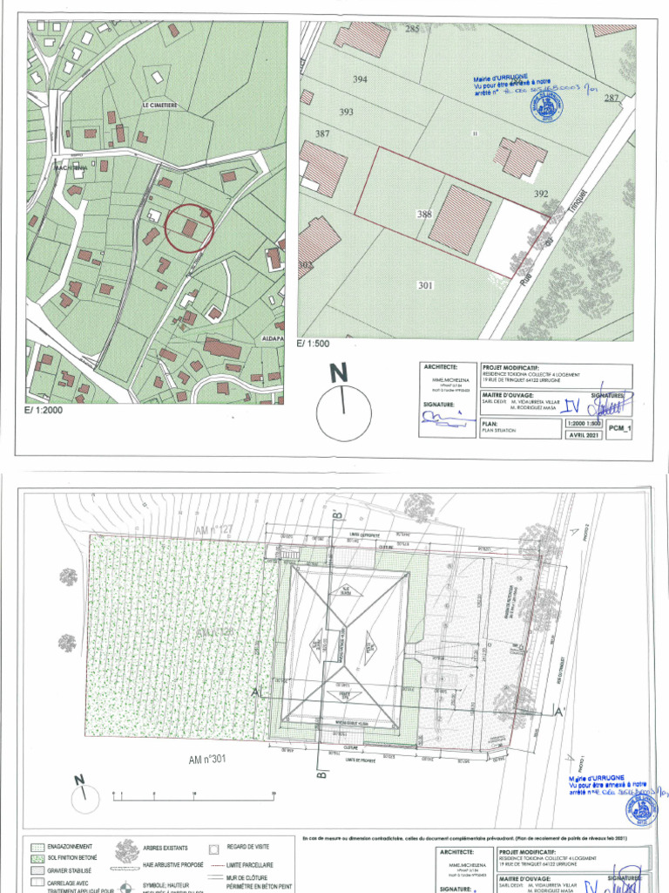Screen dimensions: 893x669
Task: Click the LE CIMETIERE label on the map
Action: [x=159, y=106]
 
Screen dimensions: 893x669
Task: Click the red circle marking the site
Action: [x=189, y=228]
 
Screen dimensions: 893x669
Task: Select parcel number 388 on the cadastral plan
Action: [x=424, y=214]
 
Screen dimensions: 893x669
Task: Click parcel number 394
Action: [x=360, y=79]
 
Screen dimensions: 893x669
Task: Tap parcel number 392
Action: [x=541, y=194]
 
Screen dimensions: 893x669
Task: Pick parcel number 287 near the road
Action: [x=612, y=98]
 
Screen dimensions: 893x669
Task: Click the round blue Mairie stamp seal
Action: [x=546, y=106]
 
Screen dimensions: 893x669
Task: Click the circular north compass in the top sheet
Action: [x=343, y=412]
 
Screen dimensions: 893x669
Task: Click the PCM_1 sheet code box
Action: [x=618, y=429]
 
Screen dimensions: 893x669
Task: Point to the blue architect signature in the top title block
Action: [x=445, y=417]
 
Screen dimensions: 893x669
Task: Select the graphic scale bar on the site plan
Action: [x=193, y=794]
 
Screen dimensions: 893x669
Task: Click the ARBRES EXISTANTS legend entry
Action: [x=173, y=847]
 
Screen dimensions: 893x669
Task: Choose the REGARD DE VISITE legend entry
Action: [x=250, y=847]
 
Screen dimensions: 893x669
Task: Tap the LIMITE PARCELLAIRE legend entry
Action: [x=250, y=864]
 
